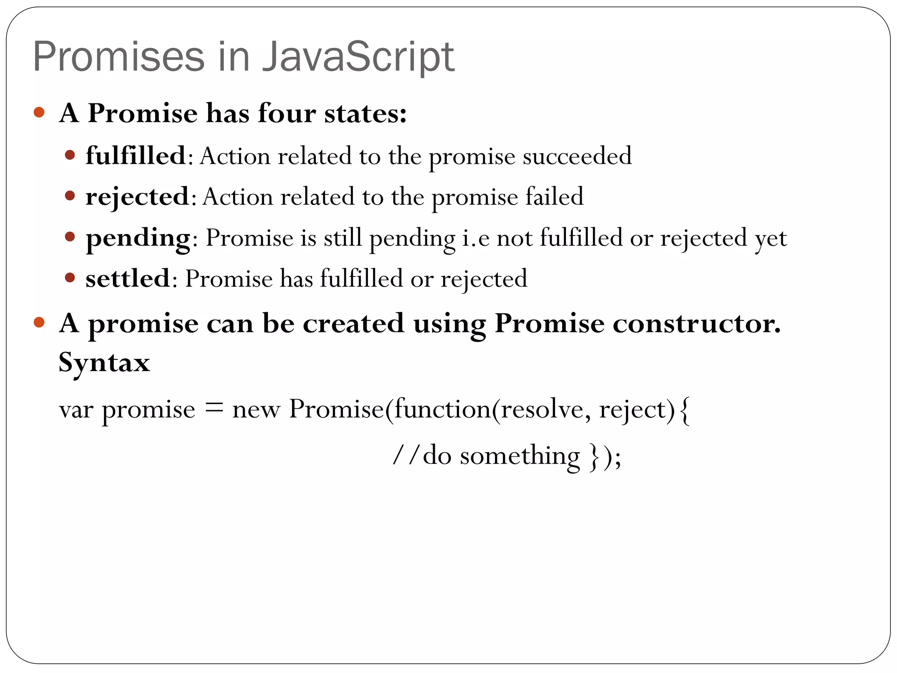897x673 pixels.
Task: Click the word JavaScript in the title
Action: point(358,57)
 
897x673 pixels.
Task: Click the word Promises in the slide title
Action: point(119,57)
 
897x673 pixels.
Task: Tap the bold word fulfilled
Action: point(136,156)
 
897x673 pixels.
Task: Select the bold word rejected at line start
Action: point(137,197)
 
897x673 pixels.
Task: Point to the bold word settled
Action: point(127,279)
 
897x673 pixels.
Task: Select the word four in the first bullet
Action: point(286,113)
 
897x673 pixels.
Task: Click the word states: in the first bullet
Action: point(365,113)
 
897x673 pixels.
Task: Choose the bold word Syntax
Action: point(104,363)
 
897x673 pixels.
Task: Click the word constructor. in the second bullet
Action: point(696,324)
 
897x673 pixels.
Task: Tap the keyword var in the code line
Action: point(76,410)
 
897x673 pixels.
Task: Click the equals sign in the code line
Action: point(214,408)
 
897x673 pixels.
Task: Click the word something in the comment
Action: point(520,456)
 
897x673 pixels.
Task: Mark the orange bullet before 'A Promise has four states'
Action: point(39,113)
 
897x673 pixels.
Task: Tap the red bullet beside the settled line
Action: point(70,278)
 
